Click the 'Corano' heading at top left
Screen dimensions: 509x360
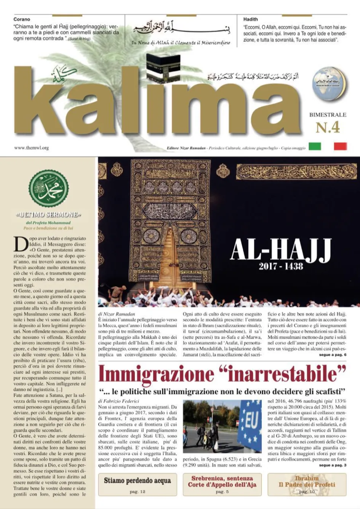click(x=22, y=19)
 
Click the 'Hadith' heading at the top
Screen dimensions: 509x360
click(x=251, y=19)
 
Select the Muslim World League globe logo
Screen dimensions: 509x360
click(x=329, y=82)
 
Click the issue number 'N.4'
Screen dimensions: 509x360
click(x=328, y=128)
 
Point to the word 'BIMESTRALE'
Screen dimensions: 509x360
click(x=328, y=115)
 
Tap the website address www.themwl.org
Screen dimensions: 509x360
click(x=31, y=148)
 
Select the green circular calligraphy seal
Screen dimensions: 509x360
click(x=49, y=188)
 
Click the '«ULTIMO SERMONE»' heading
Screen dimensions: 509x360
click(x=49, y=215)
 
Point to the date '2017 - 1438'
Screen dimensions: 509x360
click(x=281, y=266)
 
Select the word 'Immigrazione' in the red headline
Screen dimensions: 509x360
click(x=156, y=374)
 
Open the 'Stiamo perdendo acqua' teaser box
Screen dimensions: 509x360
click(x=138, y=484)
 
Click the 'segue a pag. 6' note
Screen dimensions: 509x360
click(x=333, y=355)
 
